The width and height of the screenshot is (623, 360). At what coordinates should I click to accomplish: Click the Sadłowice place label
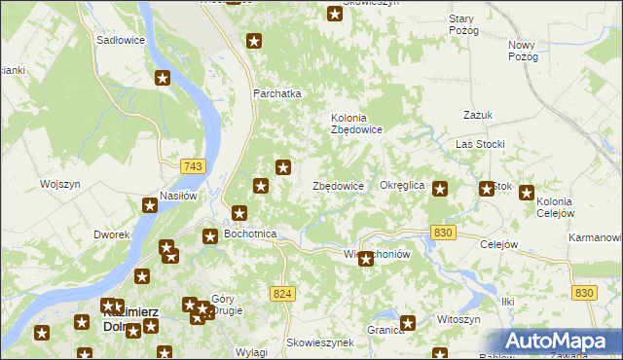tap(121, 41)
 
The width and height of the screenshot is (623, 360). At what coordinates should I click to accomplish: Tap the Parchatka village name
tap(277, 94)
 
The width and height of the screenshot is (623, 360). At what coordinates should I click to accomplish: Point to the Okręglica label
tap(402, 185)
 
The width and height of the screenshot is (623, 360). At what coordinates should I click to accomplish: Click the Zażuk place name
tap(479, 115)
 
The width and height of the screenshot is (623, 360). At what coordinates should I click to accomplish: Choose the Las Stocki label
tap(480, 145)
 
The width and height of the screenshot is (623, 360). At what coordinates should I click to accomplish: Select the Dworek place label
tap(112, 235)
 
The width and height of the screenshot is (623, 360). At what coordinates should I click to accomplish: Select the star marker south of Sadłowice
tap(164, 79)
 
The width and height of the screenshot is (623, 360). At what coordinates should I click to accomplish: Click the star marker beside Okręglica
tap(440, 190)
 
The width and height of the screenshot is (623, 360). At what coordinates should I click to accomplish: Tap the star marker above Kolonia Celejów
tap(527, 194)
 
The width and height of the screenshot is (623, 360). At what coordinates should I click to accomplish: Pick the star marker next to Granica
tap(408, 323)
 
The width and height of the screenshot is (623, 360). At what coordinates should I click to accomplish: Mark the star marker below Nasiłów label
tap(150, 205)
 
